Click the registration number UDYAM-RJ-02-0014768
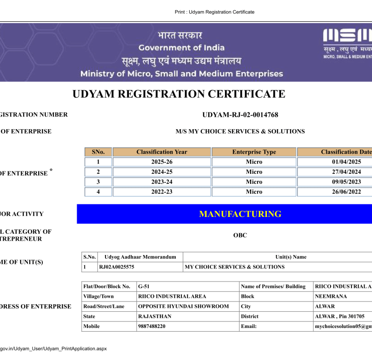pos(240,115)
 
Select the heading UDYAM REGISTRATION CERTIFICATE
pos(179,94)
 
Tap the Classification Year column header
pos(162,152)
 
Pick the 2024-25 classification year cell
pos(162,172)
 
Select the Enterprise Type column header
pos(254,152)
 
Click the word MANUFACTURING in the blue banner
pos(240,214)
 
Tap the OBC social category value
pos(240,235)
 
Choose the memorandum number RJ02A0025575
pos(117,267)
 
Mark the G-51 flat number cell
pos(144,286)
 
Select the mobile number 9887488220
pos(152,326)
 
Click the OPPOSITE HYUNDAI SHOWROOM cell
pos(184,306)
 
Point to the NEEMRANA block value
pos(331,296)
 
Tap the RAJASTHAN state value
pos(155,316)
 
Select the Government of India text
pos(181,47)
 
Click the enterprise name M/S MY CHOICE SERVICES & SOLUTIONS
pos(240,131)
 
